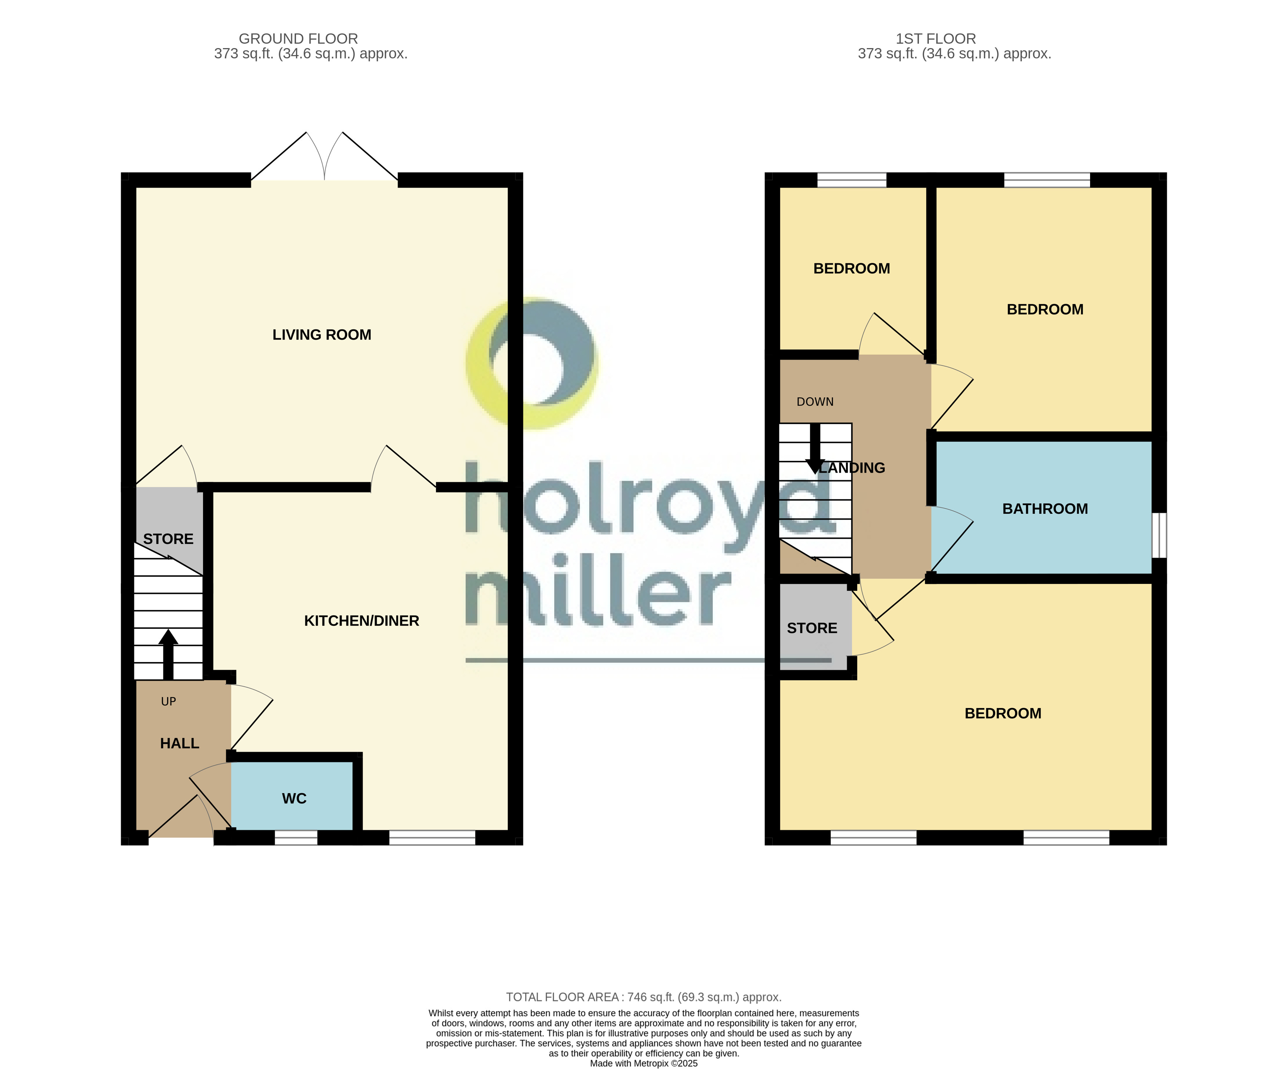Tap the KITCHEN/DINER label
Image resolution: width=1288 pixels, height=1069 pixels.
pyautogui.click(x=361, y=621)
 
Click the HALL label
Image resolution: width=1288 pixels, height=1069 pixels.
pyautogui.click(x=179, y=743)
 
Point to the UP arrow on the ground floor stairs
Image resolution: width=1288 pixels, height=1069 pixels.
pyautogui.click(x=168, y=654)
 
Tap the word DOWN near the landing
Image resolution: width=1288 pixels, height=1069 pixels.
pyautogui.click(x=815, y=402)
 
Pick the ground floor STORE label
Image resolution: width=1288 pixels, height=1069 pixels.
pyautogui.click(x=168, y=539)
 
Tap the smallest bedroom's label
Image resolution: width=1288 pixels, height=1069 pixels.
pyautogui.click(x=851, y=269)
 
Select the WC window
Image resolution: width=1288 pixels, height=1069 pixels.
pyautogui.click(x=296, y=837)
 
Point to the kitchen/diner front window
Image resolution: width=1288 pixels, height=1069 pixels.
pyautogui.click(x=432, y=837)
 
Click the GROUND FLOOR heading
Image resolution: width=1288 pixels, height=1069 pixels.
pyautogui.click(x=298, y=39)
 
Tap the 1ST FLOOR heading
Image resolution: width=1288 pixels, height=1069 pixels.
pyautogui.click(x=935, y=39)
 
